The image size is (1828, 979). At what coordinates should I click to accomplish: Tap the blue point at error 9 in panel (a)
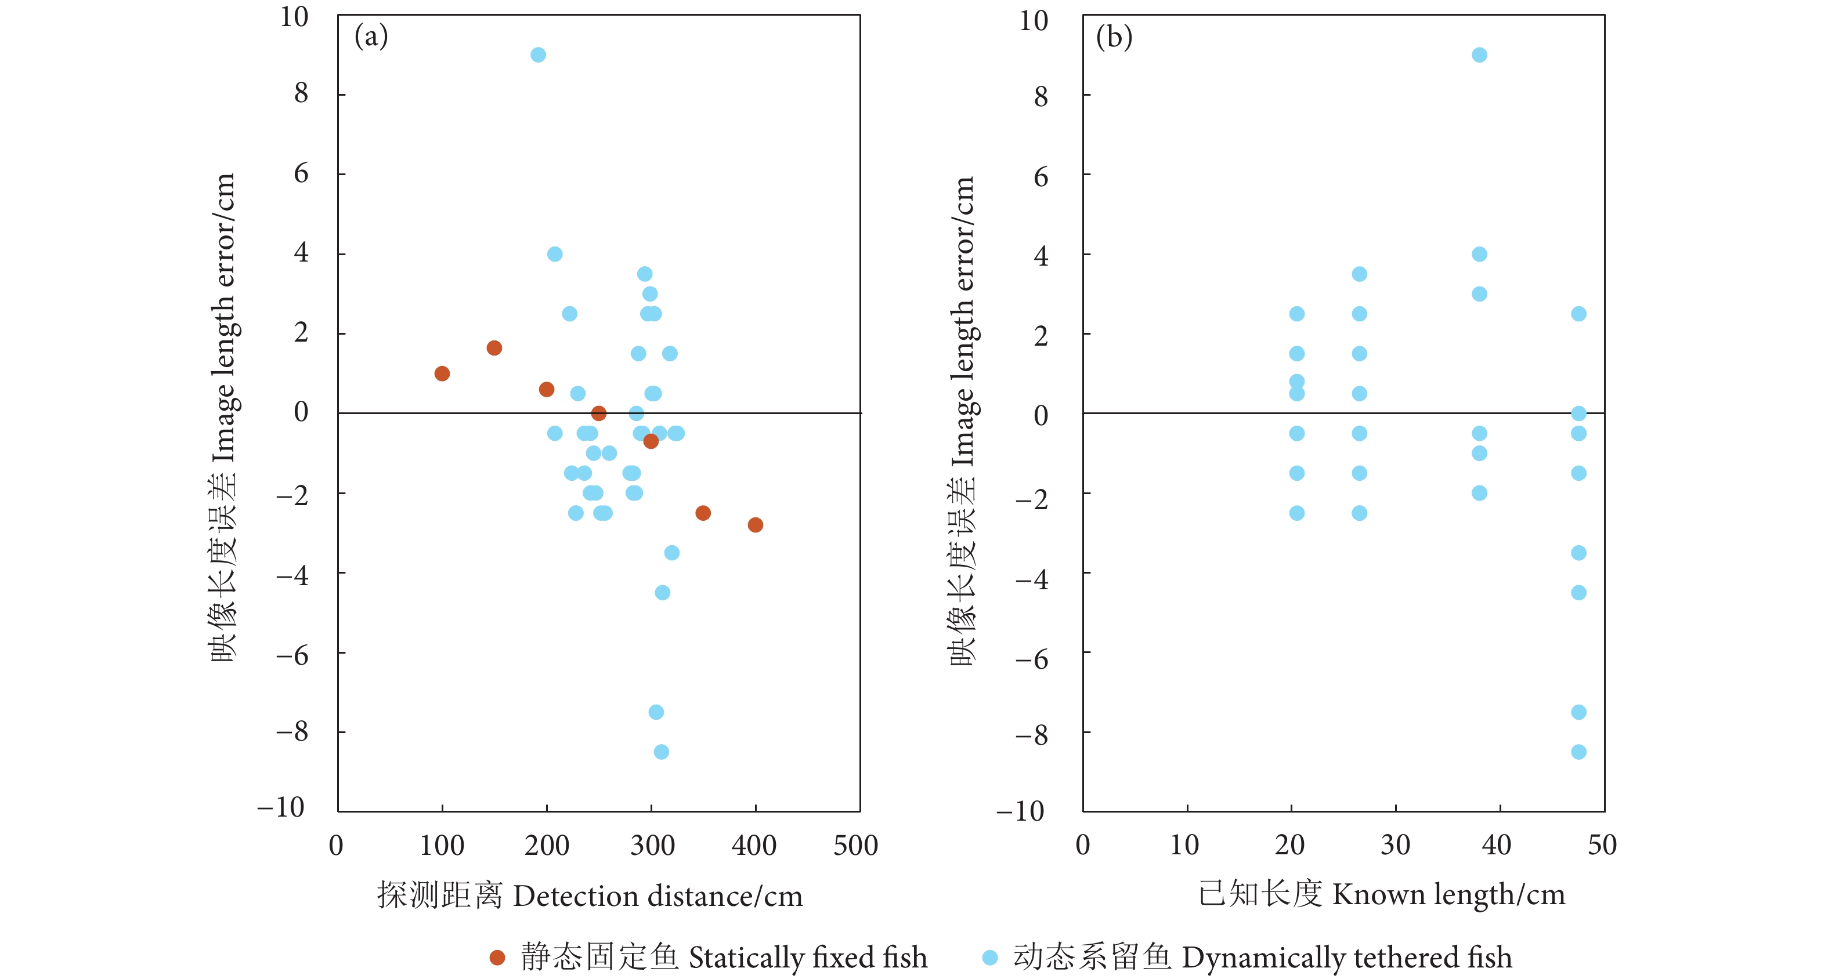[538, 55]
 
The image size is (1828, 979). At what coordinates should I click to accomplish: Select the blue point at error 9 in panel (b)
[1479, 55]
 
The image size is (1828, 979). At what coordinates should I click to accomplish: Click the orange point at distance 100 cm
[442, 373]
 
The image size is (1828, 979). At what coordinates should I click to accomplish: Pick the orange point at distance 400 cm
[755, 524]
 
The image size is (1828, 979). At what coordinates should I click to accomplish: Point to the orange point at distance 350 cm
[703, 512]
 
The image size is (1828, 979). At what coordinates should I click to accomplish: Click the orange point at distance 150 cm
[494, 347]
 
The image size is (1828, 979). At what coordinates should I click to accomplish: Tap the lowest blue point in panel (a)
[660, 751]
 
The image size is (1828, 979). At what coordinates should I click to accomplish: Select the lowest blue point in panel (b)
[1578, 751]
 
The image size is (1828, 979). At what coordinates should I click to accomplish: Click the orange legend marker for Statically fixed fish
[497, 958]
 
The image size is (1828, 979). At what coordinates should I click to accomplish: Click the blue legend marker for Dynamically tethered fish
[989, 958]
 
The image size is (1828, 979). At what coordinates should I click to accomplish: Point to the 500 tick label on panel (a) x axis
[855, 845]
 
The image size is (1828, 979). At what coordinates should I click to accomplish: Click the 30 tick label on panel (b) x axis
[1395, 844]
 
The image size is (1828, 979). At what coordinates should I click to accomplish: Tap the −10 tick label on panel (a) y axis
[281, 807]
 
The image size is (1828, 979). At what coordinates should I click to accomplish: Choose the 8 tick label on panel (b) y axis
[1041, 96]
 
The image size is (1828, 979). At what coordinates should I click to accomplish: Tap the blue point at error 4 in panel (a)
[554, 254]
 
